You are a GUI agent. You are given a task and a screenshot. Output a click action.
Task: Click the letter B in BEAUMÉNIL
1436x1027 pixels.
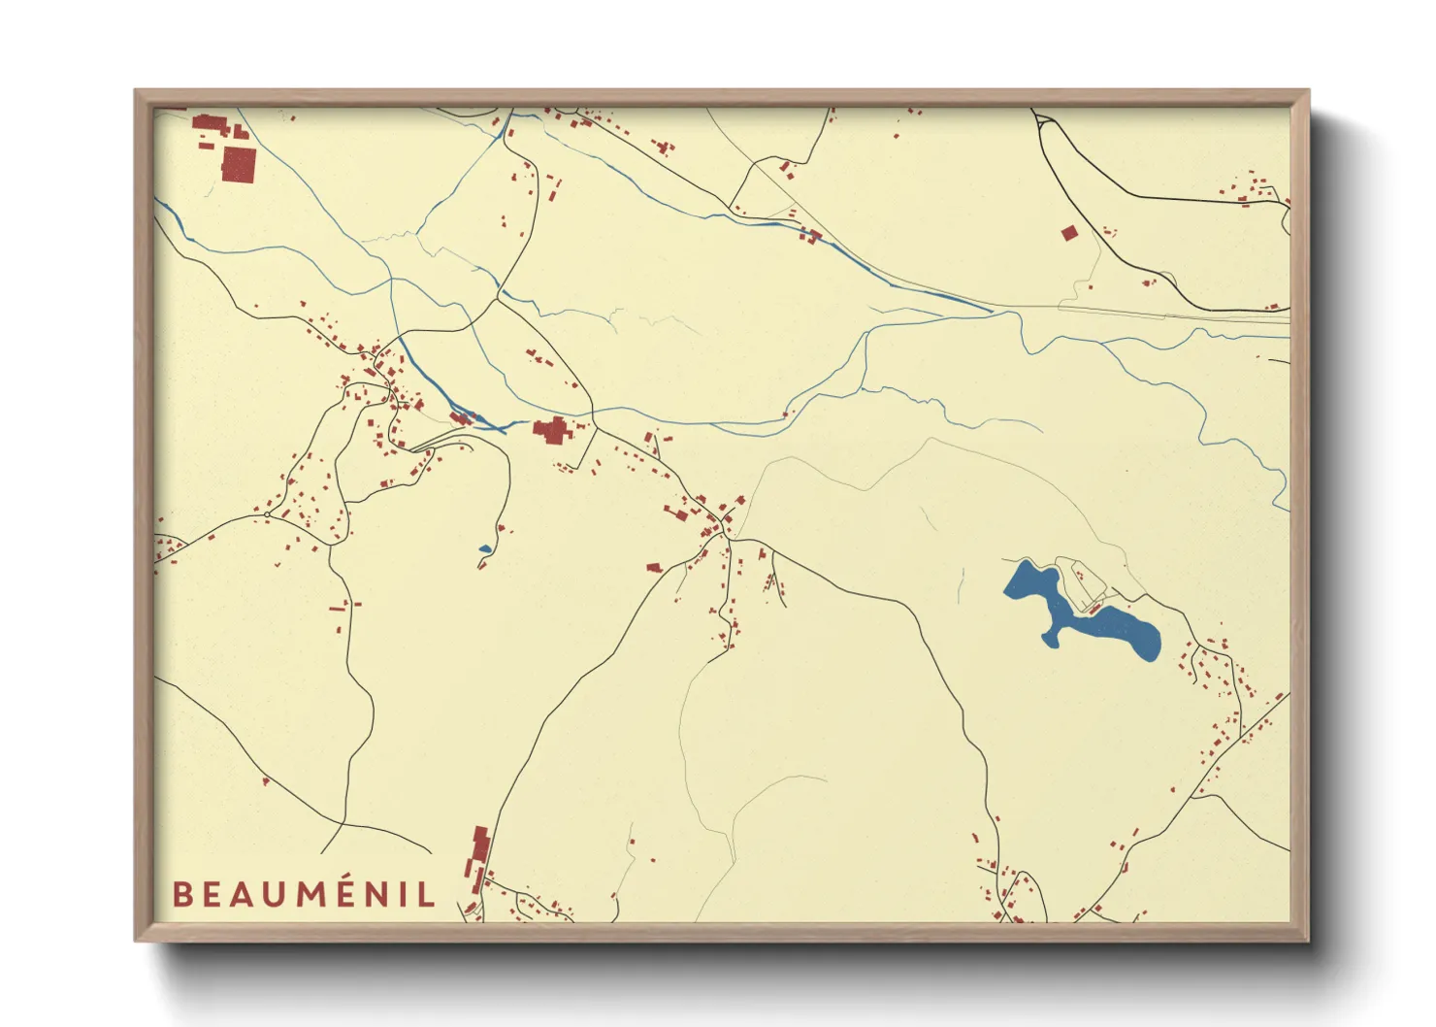pos(181,894)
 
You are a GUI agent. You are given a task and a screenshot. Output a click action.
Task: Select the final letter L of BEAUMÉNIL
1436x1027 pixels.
pos(426,894)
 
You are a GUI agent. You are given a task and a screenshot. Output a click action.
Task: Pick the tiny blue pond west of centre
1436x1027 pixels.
pos(484,549)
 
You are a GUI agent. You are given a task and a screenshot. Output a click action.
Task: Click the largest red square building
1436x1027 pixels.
pos(238,164)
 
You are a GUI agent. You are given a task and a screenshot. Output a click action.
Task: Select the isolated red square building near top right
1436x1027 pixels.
pos(1069,233)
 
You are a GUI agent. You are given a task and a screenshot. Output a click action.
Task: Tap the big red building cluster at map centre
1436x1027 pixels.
pos(552,429)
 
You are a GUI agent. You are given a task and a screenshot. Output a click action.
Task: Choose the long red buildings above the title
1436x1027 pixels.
pos(478,853)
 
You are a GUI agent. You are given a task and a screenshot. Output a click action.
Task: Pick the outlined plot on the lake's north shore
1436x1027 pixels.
pos(1080,580)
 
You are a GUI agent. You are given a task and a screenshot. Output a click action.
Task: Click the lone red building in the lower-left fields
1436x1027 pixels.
pos(265,779)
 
